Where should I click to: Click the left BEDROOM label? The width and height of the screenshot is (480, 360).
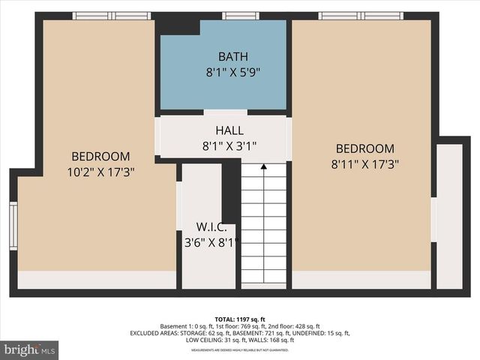[x=100, y=156]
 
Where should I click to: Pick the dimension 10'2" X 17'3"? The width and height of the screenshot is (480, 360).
[x=100, y=172]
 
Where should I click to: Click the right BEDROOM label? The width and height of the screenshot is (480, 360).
[x=364, y=148]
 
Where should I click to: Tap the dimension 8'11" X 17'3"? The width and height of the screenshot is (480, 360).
[x=364, y=164]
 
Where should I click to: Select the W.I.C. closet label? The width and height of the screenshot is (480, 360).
[x=208, y=227]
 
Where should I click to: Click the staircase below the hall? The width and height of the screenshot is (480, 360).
[x=263, y=225]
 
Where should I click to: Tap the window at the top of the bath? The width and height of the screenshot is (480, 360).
[x=241, y=16]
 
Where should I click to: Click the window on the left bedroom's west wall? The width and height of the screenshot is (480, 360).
[x=13, y=225]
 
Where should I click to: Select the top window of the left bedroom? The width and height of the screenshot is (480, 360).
[x=111, y=16]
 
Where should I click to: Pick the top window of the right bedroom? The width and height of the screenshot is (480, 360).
[x=360, y=16]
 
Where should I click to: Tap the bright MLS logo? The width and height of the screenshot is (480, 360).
[x=30, y=349]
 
